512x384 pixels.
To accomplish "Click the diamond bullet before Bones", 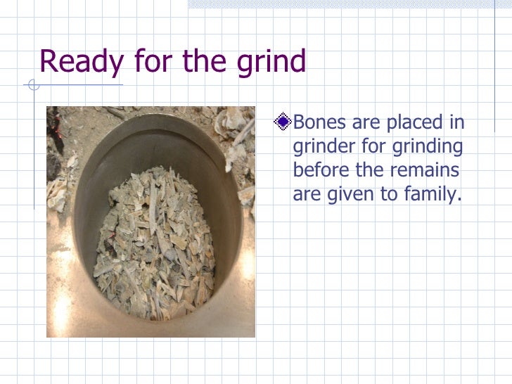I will point(283,122).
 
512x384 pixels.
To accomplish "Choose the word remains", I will point(430,171).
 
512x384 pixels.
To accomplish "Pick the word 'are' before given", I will point(306,195).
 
